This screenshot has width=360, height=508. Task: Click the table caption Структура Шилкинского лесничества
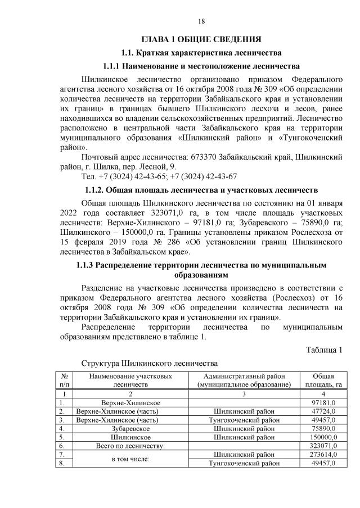coord(149,364)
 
